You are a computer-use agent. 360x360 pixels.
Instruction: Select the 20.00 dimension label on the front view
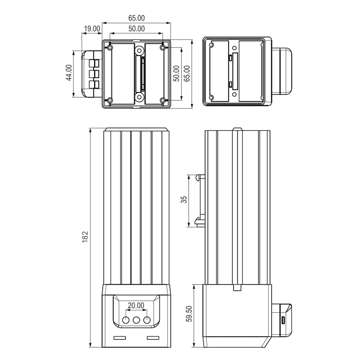(136, 306)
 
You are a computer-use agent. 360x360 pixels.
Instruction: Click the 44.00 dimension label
(68, 74)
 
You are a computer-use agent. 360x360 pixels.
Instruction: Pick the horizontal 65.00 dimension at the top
(136, 18)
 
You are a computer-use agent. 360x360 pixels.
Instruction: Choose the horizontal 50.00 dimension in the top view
(136, 28)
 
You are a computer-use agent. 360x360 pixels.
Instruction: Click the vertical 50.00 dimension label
(176, 73)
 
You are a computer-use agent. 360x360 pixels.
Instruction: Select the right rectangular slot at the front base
(153, 338)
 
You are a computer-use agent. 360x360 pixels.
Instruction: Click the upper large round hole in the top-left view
(139, 50)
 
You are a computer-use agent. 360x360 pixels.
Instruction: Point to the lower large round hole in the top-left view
(139, 97)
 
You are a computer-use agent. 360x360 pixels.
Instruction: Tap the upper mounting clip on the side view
(200, 177)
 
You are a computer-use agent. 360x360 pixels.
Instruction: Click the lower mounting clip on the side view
(199, 220)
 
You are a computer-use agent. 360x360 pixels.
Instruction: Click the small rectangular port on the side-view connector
(283, 320)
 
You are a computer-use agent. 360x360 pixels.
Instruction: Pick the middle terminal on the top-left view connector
(94, 74)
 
